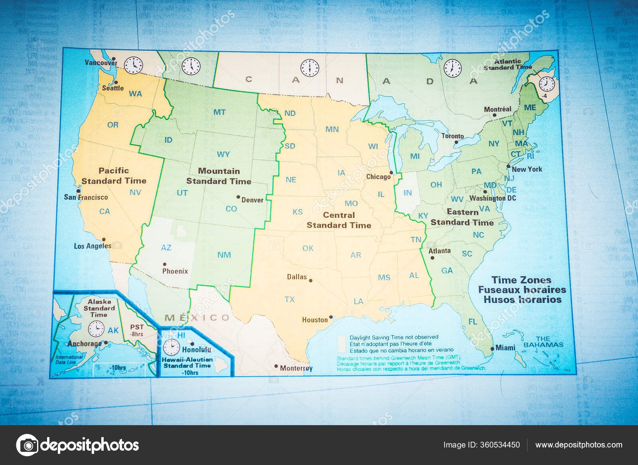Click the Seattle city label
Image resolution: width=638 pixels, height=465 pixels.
pyautogui.click(x=113, y=88)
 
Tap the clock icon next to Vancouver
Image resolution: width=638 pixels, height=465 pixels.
pyautogui.click(x=133, y=65)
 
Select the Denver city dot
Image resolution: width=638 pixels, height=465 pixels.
pyautogui.click(x=238, y=197)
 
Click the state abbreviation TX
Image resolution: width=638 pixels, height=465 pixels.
pyautogui.click(x=289, y=299)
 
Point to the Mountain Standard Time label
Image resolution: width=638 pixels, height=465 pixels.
pyautogui.click(x=219, y=176)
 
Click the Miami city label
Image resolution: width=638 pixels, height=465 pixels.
pyautogui.click(x=505, y=348)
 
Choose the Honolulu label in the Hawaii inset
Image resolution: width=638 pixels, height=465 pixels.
pyautogui.click(x=196, y=350)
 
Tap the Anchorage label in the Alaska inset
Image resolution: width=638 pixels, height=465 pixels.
pyautogui.click(x=85, y=343)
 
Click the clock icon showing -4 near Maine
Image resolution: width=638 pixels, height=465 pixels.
pyautogui.click(x=547, y=85)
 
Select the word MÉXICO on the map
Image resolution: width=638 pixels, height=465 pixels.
pyautogui.click(x=197, y=318)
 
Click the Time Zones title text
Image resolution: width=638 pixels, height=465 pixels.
pyautogui.click(x=521, y=280)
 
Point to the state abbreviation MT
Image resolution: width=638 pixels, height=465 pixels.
pyautogui.click(x=219, y=112)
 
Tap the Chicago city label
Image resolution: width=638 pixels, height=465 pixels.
pyautogui.click(x=378, y=177)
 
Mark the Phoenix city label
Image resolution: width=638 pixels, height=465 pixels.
pyautogui.click(x=175, y=271)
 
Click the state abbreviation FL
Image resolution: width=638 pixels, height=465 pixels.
pyautogui.click(x=473, y=322)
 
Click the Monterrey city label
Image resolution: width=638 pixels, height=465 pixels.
pyautogui.click(x=296, y=368)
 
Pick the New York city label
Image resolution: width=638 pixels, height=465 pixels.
pyautogui.click(x=527, y=169)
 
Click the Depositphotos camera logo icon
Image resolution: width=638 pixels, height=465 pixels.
pyautogui.click(x=27, y=445)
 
